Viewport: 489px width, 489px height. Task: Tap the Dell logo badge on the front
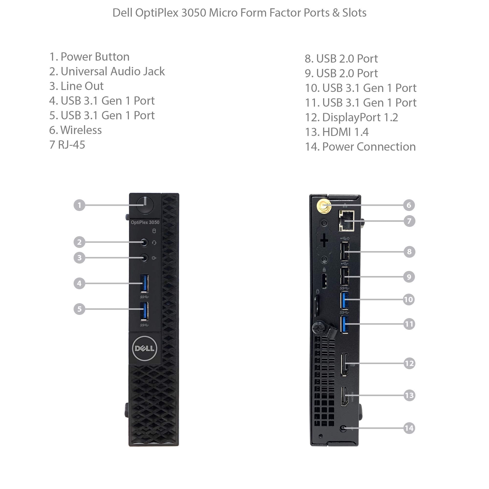pos(145,348)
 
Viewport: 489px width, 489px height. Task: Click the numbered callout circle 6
pos(409,205)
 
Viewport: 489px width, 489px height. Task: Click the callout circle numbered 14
pos(409,428)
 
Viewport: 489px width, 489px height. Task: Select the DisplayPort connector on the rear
pos(345,364)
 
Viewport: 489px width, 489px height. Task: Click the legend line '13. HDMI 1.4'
pos(337,132)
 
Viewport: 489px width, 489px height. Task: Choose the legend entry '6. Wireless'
pos(75,130)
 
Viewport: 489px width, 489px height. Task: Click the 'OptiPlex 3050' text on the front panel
pos(145,222)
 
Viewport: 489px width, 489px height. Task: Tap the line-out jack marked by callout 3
pos(144,258)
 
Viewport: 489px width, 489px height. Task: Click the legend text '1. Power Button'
pos(89,57)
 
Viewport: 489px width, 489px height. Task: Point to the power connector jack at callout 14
pos(343,428)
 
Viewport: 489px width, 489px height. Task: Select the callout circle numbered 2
pos(79,242)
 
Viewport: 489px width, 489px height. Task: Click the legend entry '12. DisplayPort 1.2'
pos(352,117)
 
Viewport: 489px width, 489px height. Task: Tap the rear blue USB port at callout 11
pos(345,324)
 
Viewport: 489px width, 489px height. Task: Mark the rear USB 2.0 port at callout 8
pos(345,251)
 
